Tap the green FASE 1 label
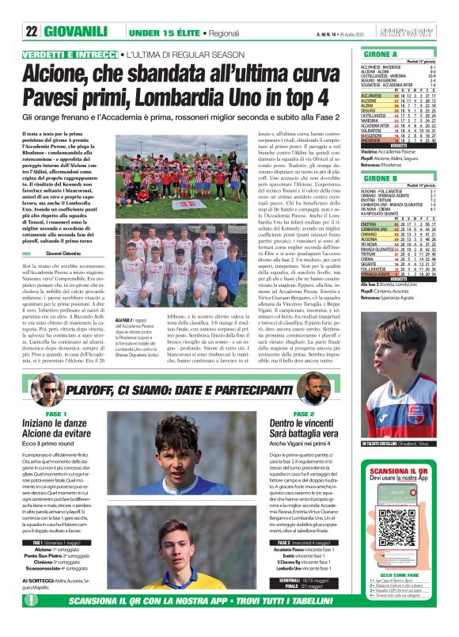pos(56,414)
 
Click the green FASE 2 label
pos(304,414)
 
